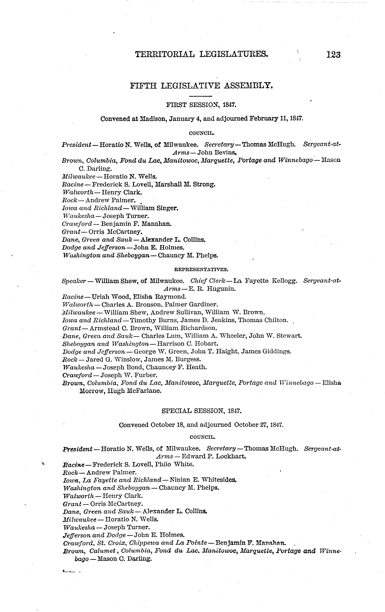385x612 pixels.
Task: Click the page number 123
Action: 333,55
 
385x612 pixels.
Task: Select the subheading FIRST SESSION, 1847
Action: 201,105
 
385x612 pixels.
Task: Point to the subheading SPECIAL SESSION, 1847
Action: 201,411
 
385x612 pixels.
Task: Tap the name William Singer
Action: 154,208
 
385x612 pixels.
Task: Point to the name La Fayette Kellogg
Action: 265,281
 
